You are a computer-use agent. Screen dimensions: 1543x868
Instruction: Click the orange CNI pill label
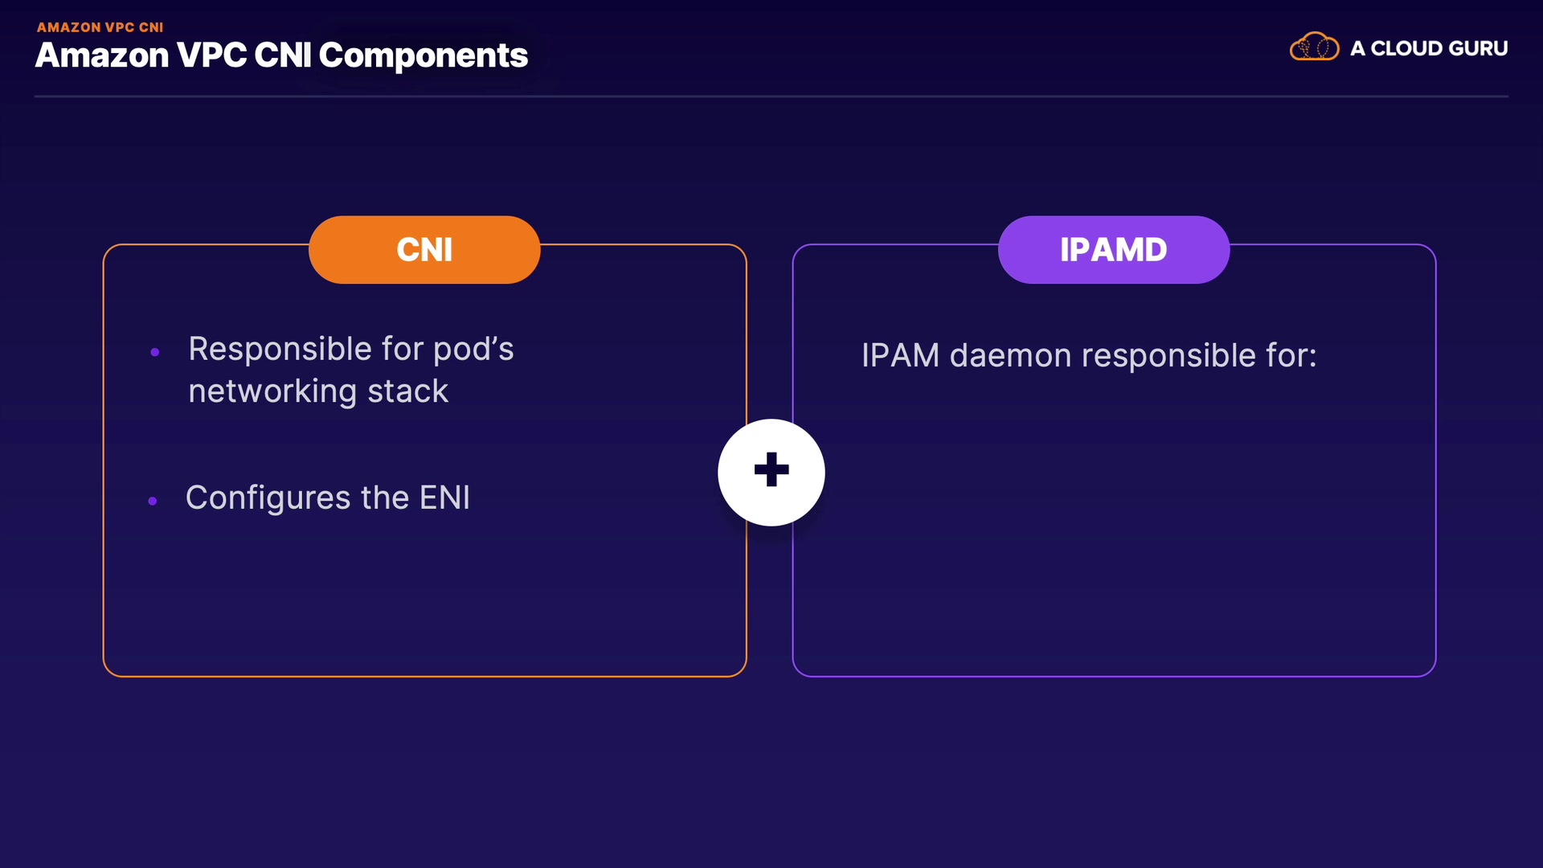[424, 250]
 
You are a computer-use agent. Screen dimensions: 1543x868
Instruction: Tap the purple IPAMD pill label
[1114, 250]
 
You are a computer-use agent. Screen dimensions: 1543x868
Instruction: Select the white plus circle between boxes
[771, 472]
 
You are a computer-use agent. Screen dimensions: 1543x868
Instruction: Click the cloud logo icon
[1314, 47]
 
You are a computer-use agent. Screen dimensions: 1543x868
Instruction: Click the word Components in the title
[424, 56]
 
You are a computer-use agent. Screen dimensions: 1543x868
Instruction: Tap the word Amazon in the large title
[102, 55]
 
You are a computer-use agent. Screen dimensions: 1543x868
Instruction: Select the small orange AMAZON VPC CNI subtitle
[100, 27]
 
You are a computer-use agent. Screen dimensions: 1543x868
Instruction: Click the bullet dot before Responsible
[155, 352]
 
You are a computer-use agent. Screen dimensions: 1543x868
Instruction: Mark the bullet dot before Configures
[153, 501]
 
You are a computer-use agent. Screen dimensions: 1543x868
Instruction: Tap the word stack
[407, 391]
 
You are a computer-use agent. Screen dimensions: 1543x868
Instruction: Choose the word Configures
[268, 498]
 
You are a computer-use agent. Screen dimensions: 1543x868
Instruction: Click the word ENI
[444, 497]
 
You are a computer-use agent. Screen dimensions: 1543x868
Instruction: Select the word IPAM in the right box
[900, 355]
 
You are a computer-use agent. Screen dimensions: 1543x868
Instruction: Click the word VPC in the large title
[211, 55]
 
